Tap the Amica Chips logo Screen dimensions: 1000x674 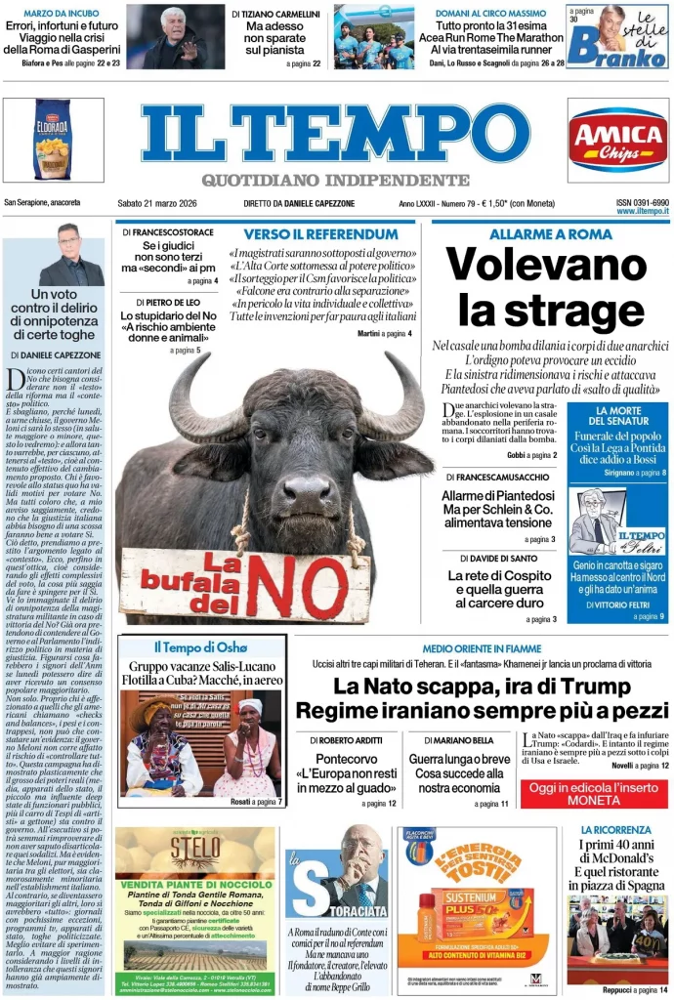coord(617,140)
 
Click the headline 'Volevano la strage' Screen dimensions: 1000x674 coord(546,286)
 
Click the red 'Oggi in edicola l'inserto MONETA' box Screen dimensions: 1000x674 coord(594,793)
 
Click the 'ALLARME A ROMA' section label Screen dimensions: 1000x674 coord(551,234)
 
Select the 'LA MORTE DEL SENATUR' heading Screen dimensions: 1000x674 coord(617,417)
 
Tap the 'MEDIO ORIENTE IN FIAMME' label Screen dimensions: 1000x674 coord(482,648)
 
